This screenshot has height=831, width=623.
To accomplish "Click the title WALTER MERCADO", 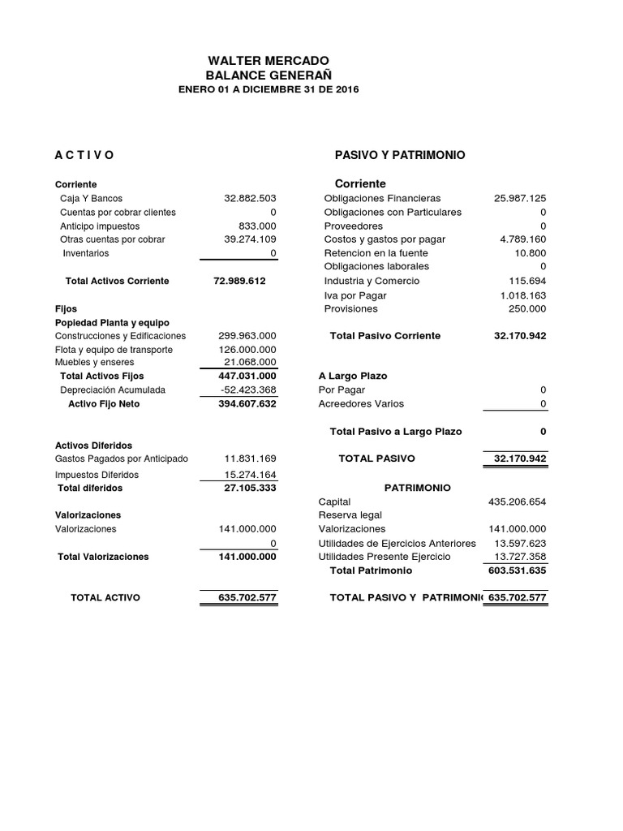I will tap(269, 61).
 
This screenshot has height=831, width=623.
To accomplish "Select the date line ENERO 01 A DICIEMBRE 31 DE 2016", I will tap(269, 89).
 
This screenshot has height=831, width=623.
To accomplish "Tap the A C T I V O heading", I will tap(84, 155).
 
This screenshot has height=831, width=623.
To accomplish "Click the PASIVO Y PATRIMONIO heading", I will tap(400, 155).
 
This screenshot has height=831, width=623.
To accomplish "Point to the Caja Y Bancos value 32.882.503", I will tap(250, 199).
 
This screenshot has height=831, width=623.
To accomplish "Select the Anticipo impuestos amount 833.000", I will tap(257, 226).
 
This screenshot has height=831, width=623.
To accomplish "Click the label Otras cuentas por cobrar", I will tap(112, 240).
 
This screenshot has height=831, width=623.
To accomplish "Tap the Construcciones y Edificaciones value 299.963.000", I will tap(247, 336).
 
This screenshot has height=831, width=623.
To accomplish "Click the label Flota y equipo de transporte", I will tap(114, 350).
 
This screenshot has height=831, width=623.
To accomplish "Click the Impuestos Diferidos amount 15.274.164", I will tap(251, 475).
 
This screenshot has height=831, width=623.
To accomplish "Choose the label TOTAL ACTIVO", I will tap(105, 598).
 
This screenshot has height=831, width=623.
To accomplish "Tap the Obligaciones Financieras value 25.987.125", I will tap(520, 199).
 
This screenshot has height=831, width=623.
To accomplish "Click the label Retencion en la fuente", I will tap(376, 253).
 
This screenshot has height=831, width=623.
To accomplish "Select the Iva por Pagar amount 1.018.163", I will tap(523, 296).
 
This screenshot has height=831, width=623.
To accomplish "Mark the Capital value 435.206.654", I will tap(518, 502).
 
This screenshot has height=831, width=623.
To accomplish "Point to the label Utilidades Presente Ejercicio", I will tap(385, 558).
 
